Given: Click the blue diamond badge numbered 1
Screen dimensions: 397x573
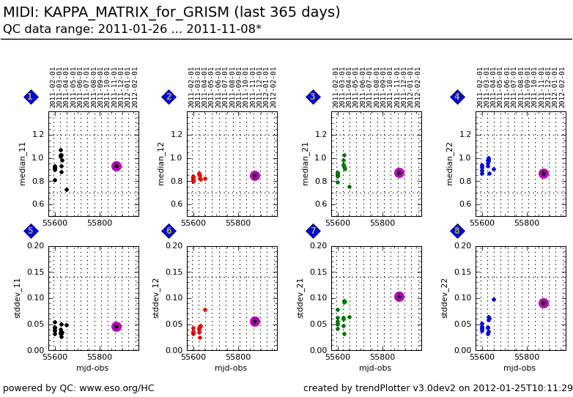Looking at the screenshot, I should pyautogui.click(x=31, y=97).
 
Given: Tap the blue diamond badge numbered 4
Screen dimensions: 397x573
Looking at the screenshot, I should pyautogui.click(x=457, y=97).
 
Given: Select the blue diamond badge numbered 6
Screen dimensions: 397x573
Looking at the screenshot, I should pyautogui.click(x=169, y=231).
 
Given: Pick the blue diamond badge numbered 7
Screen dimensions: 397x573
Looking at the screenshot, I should pyautogui.click(x=313, y=231).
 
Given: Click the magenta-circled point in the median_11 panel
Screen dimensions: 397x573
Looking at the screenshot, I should pyautogui.click(x=117, y=166).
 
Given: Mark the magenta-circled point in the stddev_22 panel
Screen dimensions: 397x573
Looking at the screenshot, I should pyautogui.click(x=544, y=303).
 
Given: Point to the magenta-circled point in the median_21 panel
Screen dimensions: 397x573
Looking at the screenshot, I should pyautogui.click(x=399, y=173).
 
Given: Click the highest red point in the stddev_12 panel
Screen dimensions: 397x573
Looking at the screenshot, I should pyautogui.click(x=204, y=310).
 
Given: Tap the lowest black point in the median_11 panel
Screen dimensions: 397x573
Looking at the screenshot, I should pyautogui.click(x=67, y=190).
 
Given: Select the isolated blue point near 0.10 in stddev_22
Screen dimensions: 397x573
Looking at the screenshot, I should pyautogui.click(x=493, y=299).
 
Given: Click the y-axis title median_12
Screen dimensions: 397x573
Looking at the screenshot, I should pyautogui.click(x=161, y=163).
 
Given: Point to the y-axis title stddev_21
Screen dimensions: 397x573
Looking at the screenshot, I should pyautogui.click(x=300, y=297).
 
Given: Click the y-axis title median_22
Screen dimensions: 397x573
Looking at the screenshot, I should pyautogui.click(x=450, y=163).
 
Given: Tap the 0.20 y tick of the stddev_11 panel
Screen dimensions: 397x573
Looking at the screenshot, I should pyautogui.click(x=35, y=245).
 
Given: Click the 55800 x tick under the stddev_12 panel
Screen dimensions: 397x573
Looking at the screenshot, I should pyautogui.click(x=239, y=357).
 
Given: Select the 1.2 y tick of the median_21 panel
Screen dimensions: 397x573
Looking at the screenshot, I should pyautogui.click(x=319, y=135).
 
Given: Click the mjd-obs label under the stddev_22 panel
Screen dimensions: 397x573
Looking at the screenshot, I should pyautogui.click(x=520, y=368).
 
